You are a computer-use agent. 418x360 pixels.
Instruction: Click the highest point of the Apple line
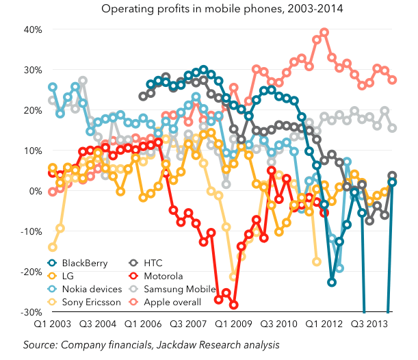[x=324, y=32]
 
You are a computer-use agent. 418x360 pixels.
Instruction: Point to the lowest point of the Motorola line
[x=233, y=305]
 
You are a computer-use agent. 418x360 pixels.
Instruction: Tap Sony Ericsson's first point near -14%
[x=53, y=247]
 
